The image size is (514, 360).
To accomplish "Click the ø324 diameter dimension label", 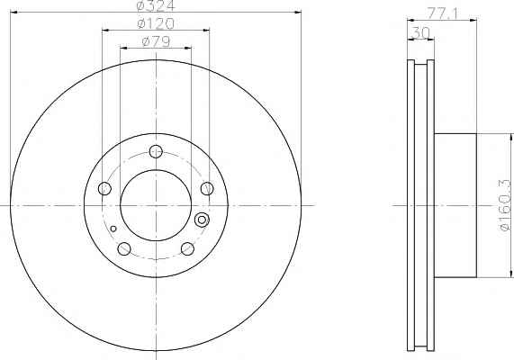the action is (x=156, y=5).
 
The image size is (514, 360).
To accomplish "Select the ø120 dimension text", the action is (x=156, y=23).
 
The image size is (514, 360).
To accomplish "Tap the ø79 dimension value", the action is (x=156, y=41).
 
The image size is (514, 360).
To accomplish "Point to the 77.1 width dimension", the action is (x=442, y=13).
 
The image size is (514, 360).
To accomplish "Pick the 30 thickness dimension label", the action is (x=420, y=33).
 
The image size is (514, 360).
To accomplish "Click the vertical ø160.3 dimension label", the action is (x=506, y=205).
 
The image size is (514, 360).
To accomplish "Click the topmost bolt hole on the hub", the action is (x=156, y=151).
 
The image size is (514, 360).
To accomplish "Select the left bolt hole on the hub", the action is (x=104, y=188).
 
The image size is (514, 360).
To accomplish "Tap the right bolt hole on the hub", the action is (x=207, y=188).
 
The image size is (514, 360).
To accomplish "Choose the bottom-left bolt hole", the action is (x=124, y=248).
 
